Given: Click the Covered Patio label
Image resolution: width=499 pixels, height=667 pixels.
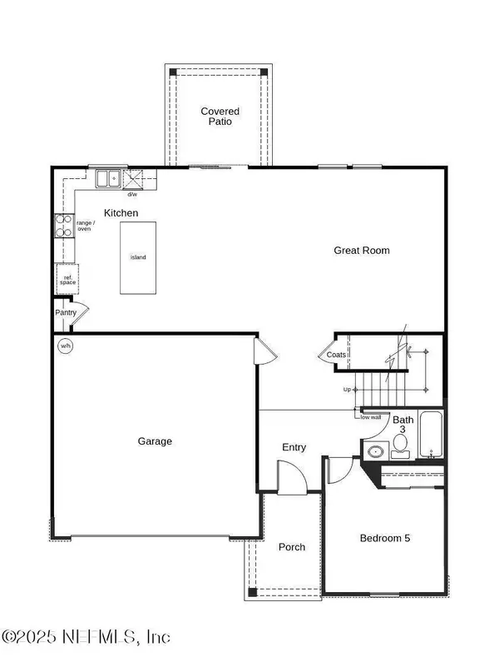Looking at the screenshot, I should [x=220, y=116].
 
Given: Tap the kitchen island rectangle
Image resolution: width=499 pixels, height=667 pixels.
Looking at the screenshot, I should [x=138, y=257].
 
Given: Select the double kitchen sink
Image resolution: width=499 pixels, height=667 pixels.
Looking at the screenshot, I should [x=108, y=177].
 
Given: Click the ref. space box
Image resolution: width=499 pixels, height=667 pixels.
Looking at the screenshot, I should [x=67, y=280].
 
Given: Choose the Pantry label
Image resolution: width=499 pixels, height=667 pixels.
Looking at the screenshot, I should [x=66, y=313].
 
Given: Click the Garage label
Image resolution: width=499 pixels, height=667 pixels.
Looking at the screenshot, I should [x=155, y=441].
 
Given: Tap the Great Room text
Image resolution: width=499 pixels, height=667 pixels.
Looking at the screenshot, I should [x=361, y=250].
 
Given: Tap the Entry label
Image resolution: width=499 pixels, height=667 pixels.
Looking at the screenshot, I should [x=294, y=447].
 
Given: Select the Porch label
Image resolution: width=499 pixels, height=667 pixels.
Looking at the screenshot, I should [x=291, y=547].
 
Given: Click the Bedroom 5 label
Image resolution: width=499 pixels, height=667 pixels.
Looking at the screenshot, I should [x=384, y=538].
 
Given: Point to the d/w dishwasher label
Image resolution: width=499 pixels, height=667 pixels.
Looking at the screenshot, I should [x=132, y=194].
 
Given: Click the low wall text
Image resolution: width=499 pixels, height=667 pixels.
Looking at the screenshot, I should [x=370, y=417].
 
